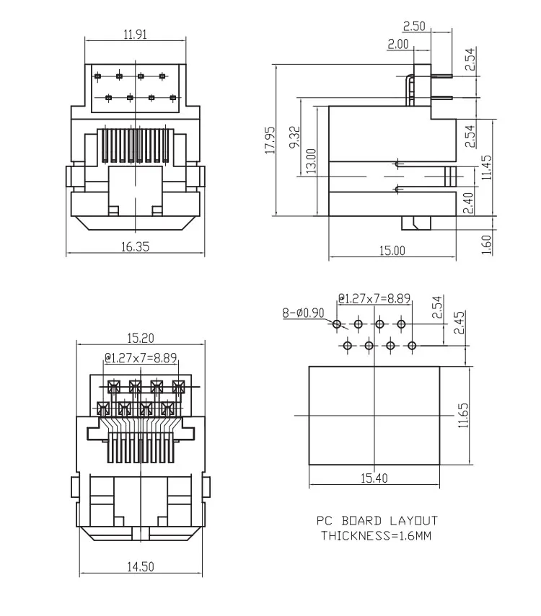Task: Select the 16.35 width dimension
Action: point(135,246)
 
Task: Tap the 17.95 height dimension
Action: point(269,140)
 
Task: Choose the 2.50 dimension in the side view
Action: point(414,27)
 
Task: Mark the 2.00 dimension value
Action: point(397,44)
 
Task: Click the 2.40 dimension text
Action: point(467,204)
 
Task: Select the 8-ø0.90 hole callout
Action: point(303,313)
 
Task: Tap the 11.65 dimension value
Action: point(463,415)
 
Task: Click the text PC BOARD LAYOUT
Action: point(377,520)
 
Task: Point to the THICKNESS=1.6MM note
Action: point(375,535)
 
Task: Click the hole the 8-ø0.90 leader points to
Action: point(337,325)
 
